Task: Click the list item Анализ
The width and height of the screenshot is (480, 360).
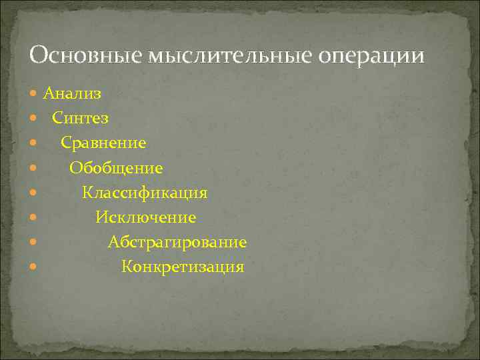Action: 73,93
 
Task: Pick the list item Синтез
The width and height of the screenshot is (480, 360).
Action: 81,118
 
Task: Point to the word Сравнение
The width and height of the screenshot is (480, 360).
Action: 104,143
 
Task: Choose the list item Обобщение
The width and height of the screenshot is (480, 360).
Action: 116,168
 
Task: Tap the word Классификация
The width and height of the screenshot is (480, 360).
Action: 145,193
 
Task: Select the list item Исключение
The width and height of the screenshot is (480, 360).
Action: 145,217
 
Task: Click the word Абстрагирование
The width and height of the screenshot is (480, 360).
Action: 177,243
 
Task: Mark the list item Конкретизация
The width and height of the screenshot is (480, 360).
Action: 183,267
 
